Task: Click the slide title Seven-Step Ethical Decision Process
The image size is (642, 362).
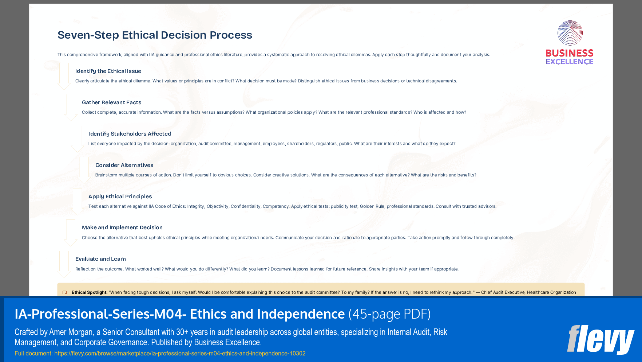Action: pyautogui.click(x=155, y=35)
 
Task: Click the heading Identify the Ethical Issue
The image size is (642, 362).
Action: pyautogui.click(x=108, y=71)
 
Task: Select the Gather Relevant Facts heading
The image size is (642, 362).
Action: pyautogui.click(x=111, y=102)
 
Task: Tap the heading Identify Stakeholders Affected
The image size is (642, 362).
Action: pyautogui.click(x=130, y=134)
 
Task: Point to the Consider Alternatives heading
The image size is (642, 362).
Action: pyautogui.click(x=124, y=165)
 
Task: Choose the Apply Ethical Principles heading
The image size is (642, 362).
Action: pyautogui.click(x=120, y=196)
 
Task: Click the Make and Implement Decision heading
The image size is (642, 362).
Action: pyautogui.click(x=122, y=227)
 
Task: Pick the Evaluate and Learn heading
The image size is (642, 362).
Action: pyautogui.click(x=100, y=259)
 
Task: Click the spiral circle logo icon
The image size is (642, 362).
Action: pyautogui.click(x=570, y=33)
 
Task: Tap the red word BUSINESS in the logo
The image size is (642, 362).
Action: pyautogui.click(x=570, y=53)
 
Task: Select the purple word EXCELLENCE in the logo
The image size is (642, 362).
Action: pyautogui.click(x=570, y=62)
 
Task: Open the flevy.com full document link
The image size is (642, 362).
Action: pyautogui.click(x=180, y=354)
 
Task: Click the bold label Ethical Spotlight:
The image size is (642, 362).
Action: pyautogui.click(x=90, y=292)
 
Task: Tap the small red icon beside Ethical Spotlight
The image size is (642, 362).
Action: pyautogui.click(x=65, y=292)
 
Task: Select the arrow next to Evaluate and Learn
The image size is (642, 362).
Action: pyautogui.click(x=64, y=264)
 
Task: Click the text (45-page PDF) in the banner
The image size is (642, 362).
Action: pyautogui.click(x=389, y=314)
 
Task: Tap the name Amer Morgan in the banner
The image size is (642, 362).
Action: pyautogui.click(x=71, y=332)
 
